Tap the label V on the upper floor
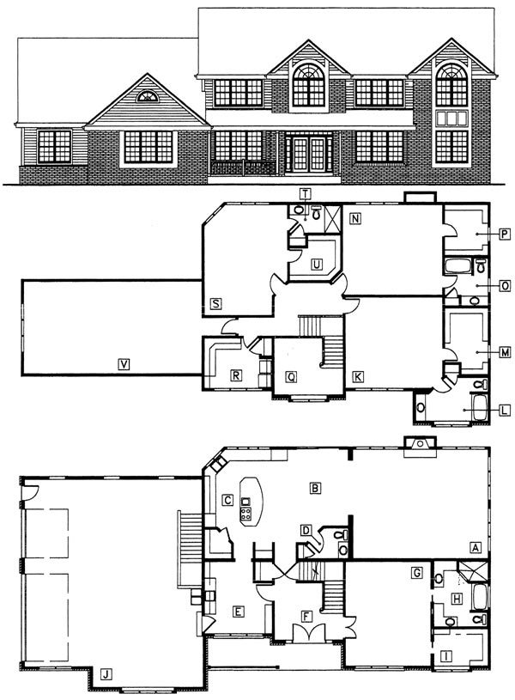point(124,364)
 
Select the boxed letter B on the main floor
point(315,488)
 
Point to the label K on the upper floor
point(357,377)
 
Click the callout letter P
point(505,234)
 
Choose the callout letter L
point(505,410)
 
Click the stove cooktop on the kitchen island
point(245,514)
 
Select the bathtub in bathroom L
point(479,406)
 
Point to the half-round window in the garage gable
point(148,96)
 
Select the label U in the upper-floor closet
point(317,265)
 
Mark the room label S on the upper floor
point(216,304)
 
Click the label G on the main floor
point(417,572)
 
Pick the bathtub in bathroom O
point(457,266)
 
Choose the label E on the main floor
point(238,612)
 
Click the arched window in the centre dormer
point(308,85)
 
